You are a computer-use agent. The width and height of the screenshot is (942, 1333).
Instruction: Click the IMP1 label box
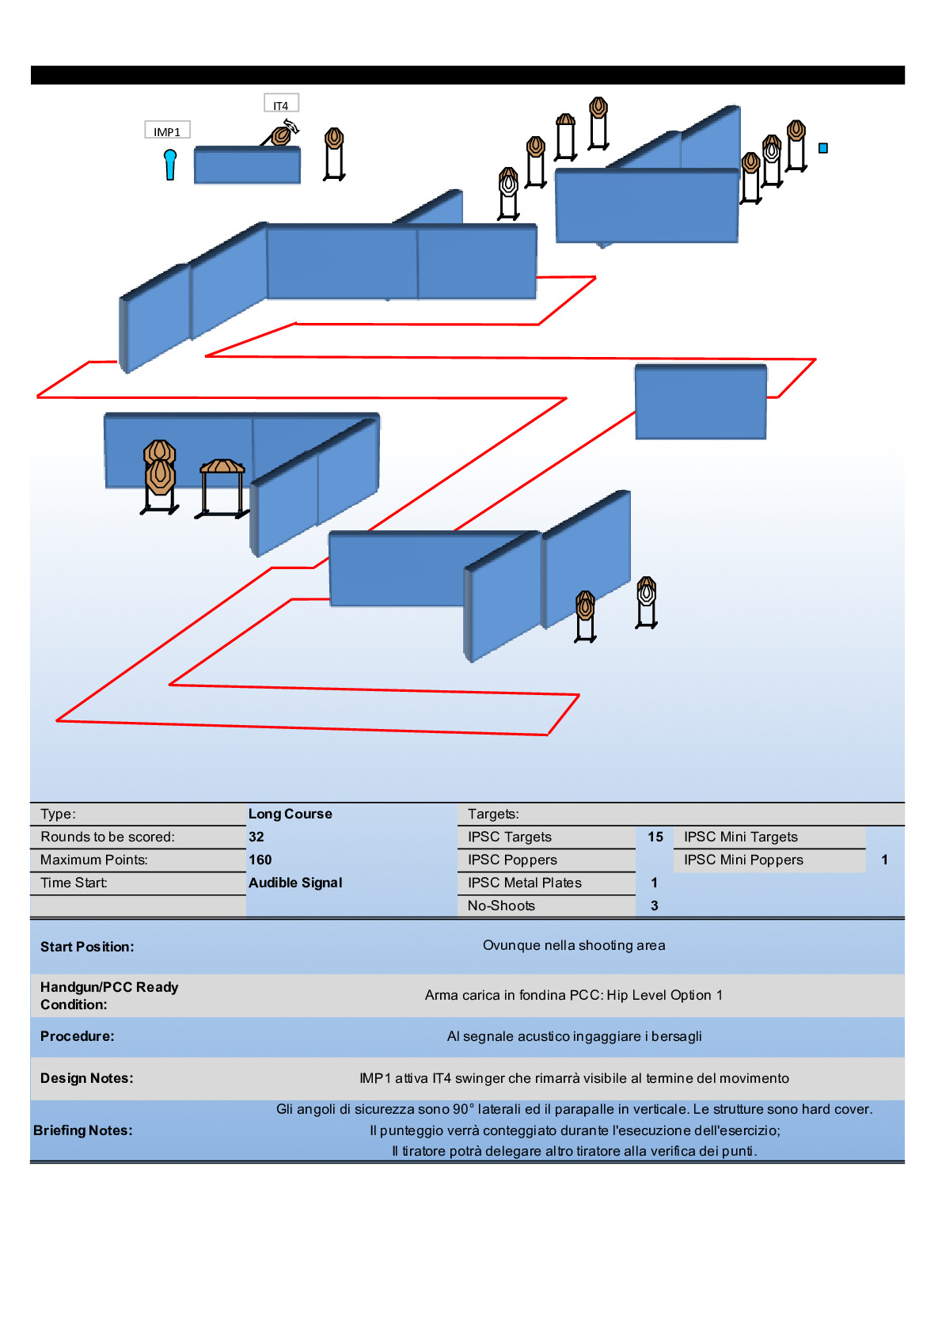click(x=167, y=131)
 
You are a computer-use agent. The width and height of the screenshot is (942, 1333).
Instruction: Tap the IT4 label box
click(x=281, y=104)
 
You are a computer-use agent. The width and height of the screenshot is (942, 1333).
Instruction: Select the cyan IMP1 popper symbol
click(x=170, y=164)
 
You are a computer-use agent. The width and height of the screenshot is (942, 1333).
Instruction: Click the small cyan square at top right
click(x=823, y=148)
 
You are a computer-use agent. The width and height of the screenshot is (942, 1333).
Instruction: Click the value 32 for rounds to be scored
click(x=256, y=837)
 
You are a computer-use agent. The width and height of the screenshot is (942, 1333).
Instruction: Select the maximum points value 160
click(x=260, y=860)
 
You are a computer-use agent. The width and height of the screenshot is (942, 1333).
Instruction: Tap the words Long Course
click(x=291, y=814)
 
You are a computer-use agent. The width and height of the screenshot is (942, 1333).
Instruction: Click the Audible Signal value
click(x=295, y=883)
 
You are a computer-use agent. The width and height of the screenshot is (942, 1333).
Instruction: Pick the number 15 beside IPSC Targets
click(x=655, y=837)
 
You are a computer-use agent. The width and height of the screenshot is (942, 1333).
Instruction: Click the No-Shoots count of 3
click(x=655, y=906)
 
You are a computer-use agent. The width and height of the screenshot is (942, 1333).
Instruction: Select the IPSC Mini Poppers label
click(x=743, y=860)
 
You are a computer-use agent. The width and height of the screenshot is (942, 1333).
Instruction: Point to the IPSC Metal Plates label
click(x=525, y=883)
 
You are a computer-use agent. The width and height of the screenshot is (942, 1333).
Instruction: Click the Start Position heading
click(x=87, y=947)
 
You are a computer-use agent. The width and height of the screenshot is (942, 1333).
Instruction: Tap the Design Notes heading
click(x=87, y=1078)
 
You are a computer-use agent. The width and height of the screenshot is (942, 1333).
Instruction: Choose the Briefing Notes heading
click(x=83, y=1130)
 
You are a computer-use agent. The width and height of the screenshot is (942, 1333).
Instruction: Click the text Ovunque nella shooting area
click(x=574, y=945)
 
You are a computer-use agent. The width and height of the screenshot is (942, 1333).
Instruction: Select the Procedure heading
click(x=78, y=1036)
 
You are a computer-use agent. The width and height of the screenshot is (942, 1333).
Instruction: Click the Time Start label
click(x=74, y=883)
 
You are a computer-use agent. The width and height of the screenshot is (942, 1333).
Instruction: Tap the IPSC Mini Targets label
click(x=741, y=837)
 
